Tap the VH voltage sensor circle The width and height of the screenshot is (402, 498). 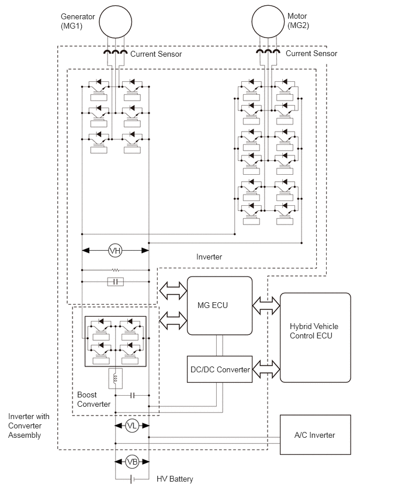[x=115, y=251]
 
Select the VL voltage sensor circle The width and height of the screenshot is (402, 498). [x=132, y=426]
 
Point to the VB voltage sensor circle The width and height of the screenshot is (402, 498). [x=132, y=462]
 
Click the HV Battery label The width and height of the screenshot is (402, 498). [x=175, y=479]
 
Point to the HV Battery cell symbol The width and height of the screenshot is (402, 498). [x=132, y=479]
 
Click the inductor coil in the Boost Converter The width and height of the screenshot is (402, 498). [x=116, y=378]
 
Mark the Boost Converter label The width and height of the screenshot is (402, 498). [x=93, y=399]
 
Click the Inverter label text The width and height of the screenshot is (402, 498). [x=209, y=257]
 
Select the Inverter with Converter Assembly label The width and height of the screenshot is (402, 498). [x=29, y=426]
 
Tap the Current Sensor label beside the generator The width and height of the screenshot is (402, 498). [x=156, y=54]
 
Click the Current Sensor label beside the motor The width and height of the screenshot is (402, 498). [x=311, y=53]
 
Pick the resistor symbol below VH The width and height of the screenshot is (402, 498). [x=116, y=270]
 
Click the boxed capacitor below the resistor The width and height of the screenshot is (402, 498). [x=116, y=282]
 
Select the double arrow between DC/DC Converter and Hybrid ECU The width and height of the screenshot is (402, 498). [x=266, y=369]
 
